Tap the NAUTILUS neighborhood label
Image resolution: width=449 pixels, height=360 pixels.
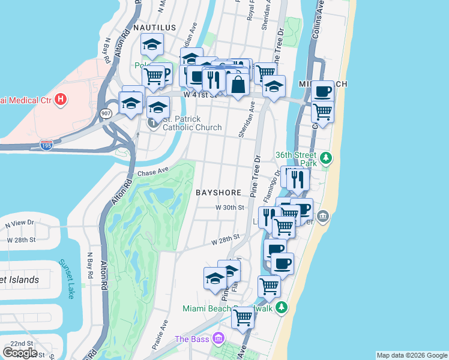[x=155, y=28]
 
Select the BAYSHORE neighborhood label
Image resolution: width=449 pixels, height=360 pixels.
[x=218, y=193]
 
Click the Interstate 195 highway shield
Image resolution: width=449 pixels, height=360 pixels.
[x=46, y=145]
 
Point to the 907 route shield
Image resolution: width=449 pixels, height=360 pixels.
[x=106, y=113]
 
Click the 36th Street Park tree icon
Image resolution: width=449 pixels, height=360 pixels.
[x=326, y=158]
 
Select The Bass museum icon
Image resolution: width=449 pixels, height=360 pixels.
[x=218, y=339]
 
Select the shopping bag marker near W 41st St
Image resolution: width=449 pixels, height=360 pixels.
[x=238, y=85]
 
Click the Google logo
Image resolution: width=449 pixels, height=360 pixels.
[x=20, y=353]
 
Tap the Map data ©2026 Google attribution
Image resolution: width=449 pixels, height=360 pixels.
[x=411, y=355]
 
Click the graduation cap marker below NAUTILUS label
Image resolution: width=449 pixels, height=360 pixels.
[x=152, y=45]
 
